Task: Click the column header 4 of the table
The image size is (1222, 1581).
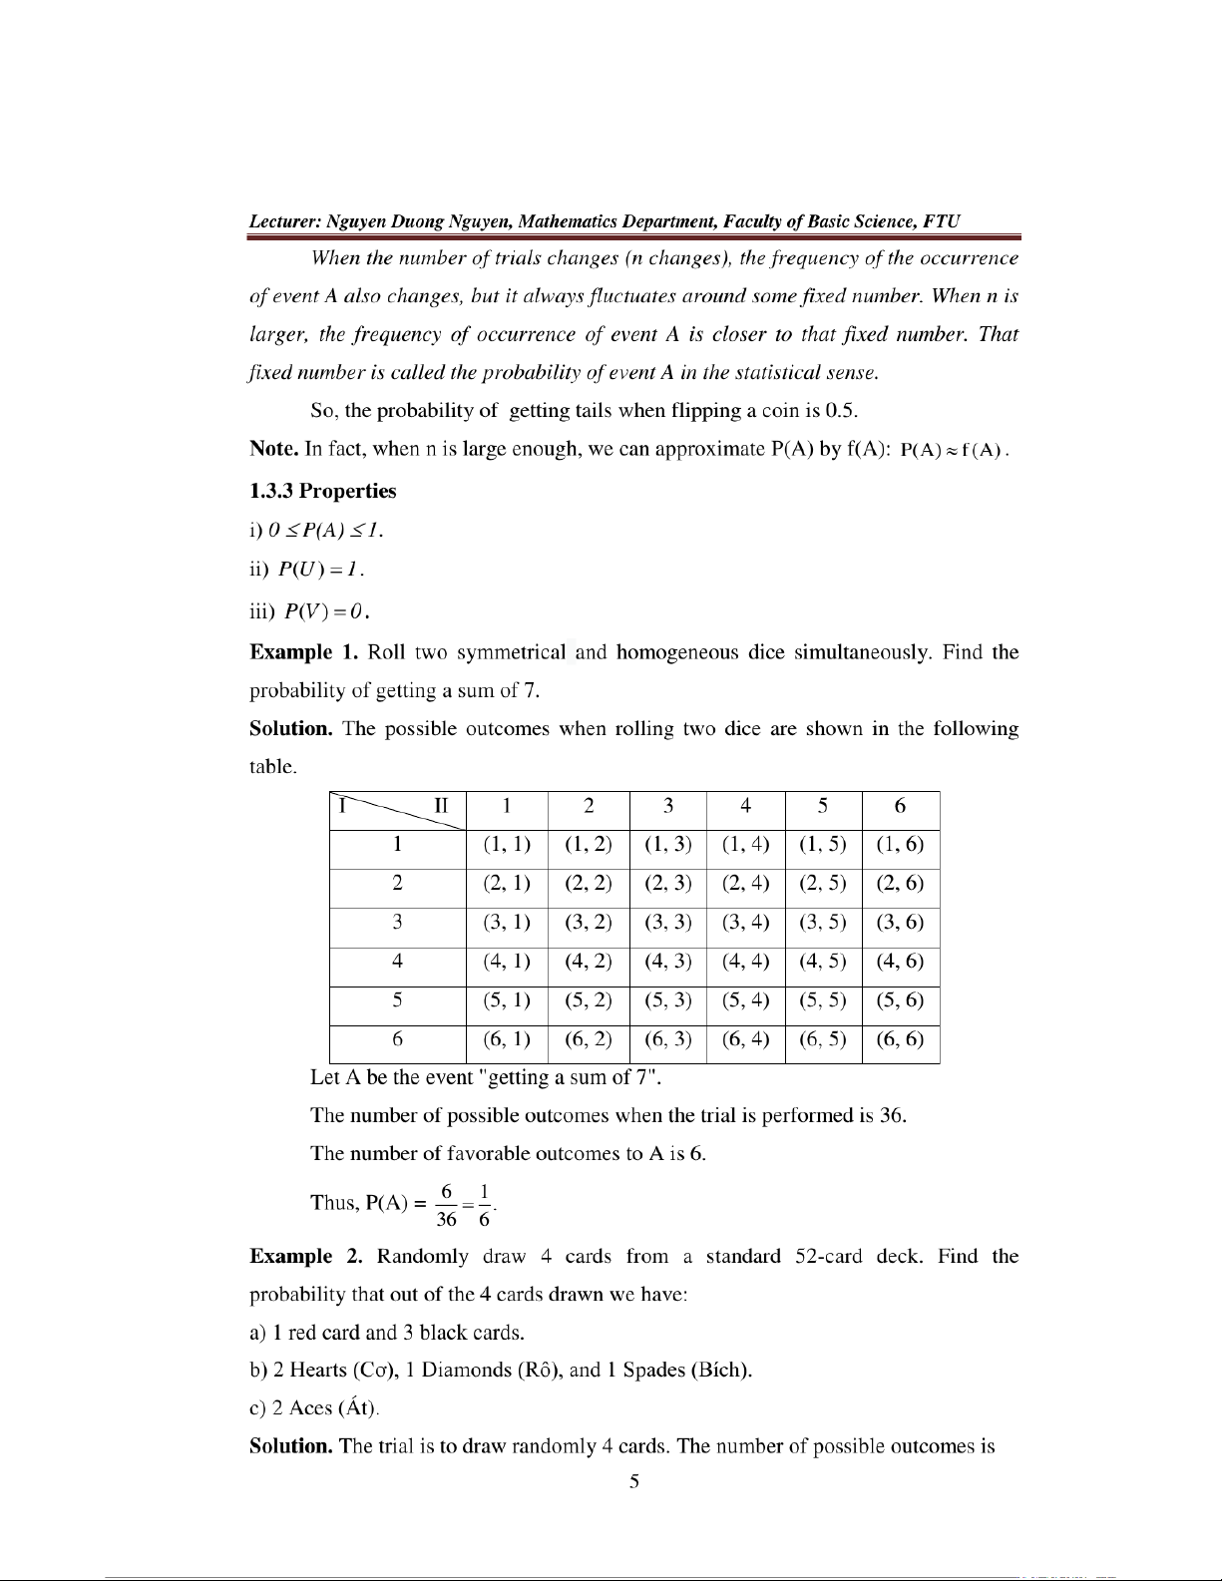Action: [x=745, y=806]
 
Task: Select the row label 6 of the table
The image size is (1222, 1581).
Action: [x=397, y=1039]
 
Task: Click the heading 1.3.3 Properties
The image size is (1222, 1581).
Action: [x=322, y=491]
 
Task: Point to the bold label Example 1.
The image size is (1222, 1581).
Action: [x=303, y=652]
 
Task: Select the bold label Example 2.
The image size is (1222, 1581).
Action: [x=305, y=1256]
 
